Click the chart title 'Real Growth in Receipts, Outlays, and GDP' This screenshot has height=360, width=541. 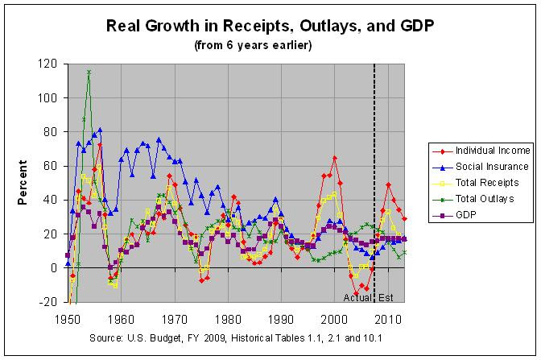(270, 25)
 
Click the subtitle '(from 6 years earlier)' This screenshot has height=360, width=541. (270, 45)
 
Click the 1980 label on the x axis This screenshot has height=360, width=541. (228, 317)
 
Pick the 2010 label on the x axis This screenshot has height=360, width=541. (387, 317)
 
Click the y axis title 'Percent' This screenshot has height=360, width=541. (23, 184)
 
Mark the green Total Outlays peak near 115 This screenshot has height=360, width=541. (89, 72)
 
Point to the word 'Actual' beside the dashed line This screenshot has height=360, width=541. (357, 299)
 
